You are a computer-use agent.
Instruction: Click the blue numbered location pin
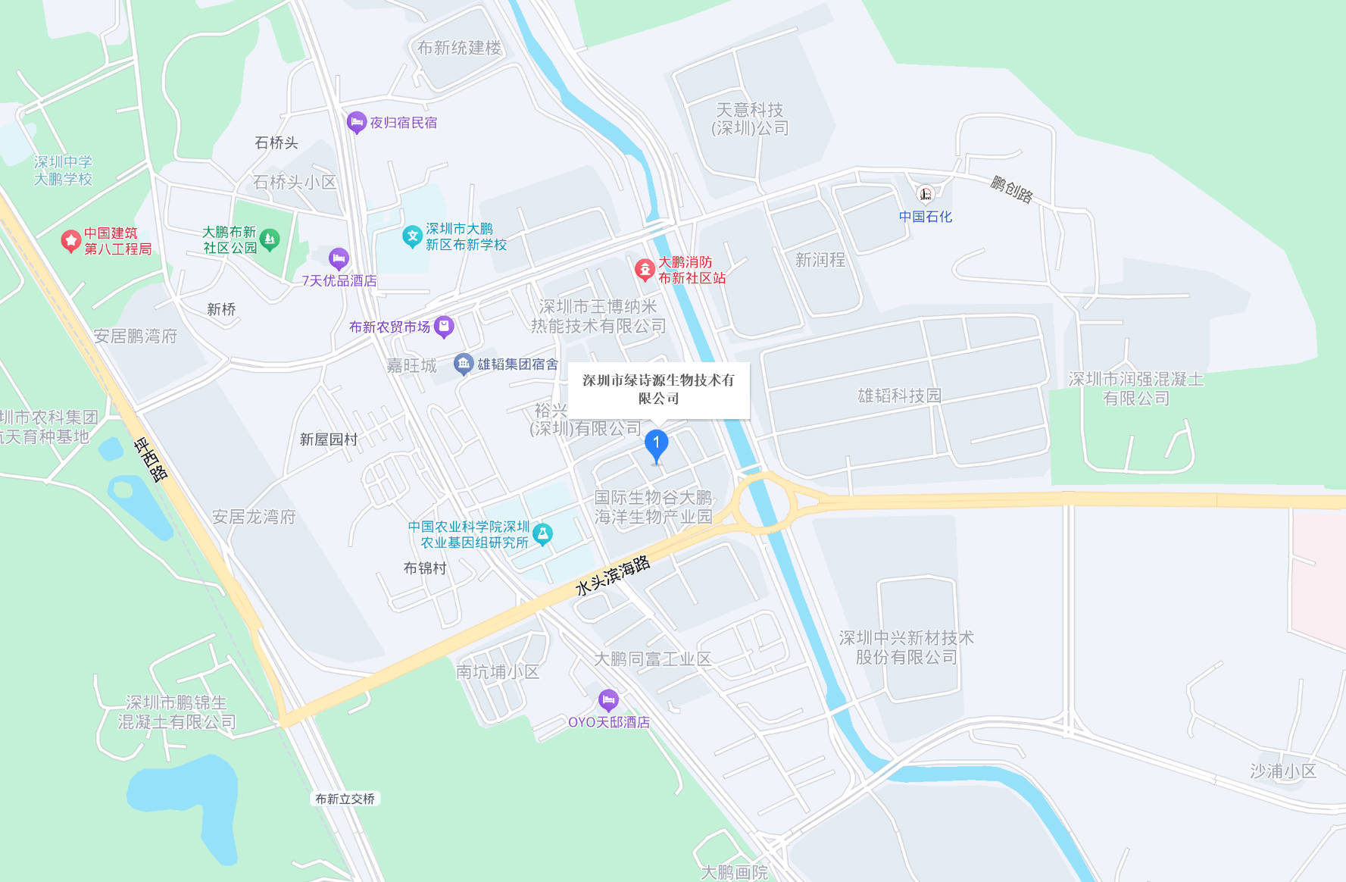tap(656, 444)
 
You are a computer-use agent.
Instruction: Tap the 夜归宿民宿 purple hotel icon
tap(356, 122)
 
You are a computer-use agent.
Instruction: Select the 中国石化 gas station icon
tap(925, 194)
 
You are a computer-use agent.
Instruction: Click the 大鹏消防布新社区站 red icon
tap(645, 269)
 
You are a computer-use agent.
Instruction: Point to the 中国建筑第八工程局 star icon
tap(70, 241)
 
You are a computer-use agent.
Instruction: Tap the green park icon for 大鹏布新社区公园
tap(270, 239)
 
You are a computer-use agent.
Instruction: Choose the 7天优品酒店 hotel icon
tap(339, 259)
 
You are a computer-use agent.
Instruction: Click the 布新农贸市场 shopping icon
tap(444, 327)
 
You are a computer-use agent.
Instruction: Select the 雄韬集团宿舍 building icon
tap(463, 364)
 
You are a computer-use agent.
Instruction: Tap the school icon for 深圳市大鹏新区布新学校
tap(412, 236)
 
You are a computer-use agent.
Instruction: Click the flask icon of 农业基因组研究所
tap(542, 534)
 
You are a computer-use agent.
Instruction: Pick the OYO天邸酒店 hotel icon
tap(608, 700)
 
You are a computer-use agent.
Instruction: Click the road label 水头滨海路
tap(612, 575)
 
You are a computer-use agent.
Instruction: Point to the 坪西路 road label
tap(151, 459)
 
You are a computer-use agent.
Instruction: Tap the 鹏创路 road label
tap(1011, 189)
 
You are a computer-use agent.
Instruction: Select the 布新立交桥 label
tap(345, 799)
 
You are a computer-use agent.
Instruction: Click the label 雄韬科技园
tap(899, 396)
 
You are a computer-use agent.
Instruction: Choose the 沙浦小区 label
tap(1282, 771)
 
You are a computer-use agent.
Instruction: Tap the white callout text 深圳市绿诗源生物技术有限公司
tap(658, 389)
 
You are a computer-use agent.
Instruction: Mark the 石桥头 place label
tap(276, 142)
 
